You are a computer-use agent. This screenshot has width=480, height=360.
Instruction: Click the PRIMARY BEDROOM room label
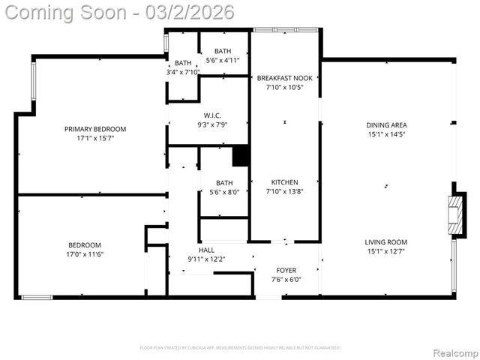click(94, 129)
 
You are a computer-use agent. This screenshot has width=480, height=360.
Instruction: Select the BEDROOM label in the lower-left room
click(85, 244)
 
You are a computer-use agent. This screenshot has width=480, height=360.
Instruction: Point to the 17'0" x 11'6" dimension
click(85, 255)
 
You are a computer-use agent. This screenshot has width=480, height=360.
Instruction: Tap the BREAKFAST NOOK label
click(284, 78)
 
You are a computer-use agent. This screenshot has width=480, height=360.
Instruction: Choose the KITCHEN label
click(284, 182)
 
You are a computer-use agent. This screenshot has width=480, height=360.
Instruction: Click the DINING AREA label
click(386, 125)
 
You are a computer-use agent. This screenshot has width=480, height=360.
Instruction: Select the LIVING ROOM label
click(385, 241)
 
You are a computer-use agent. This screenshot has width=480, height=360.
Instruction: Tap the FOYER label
click(285, 270)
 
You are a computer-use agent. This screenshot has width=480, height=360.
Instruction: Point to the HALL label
click(206, 250)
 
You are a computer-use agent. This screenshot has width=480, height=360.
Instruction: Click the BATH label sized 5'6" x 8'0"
click(224, 182)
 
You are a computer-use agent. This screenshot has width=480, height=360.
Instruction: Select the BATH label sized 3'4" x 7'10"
click(183, 63)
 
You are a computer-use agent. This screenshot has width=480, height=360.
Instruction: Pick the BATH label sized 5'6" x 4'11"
click(223, 50)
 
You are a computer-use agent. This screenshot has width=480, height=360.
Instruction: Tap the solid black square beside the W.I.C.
click(241, 156)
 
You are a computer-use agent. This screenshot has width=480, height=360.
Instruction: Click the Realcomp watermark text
click(453, 352)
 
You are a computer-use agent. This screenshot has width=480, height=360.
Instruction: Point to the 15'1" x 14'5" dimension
click(386, 135)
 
